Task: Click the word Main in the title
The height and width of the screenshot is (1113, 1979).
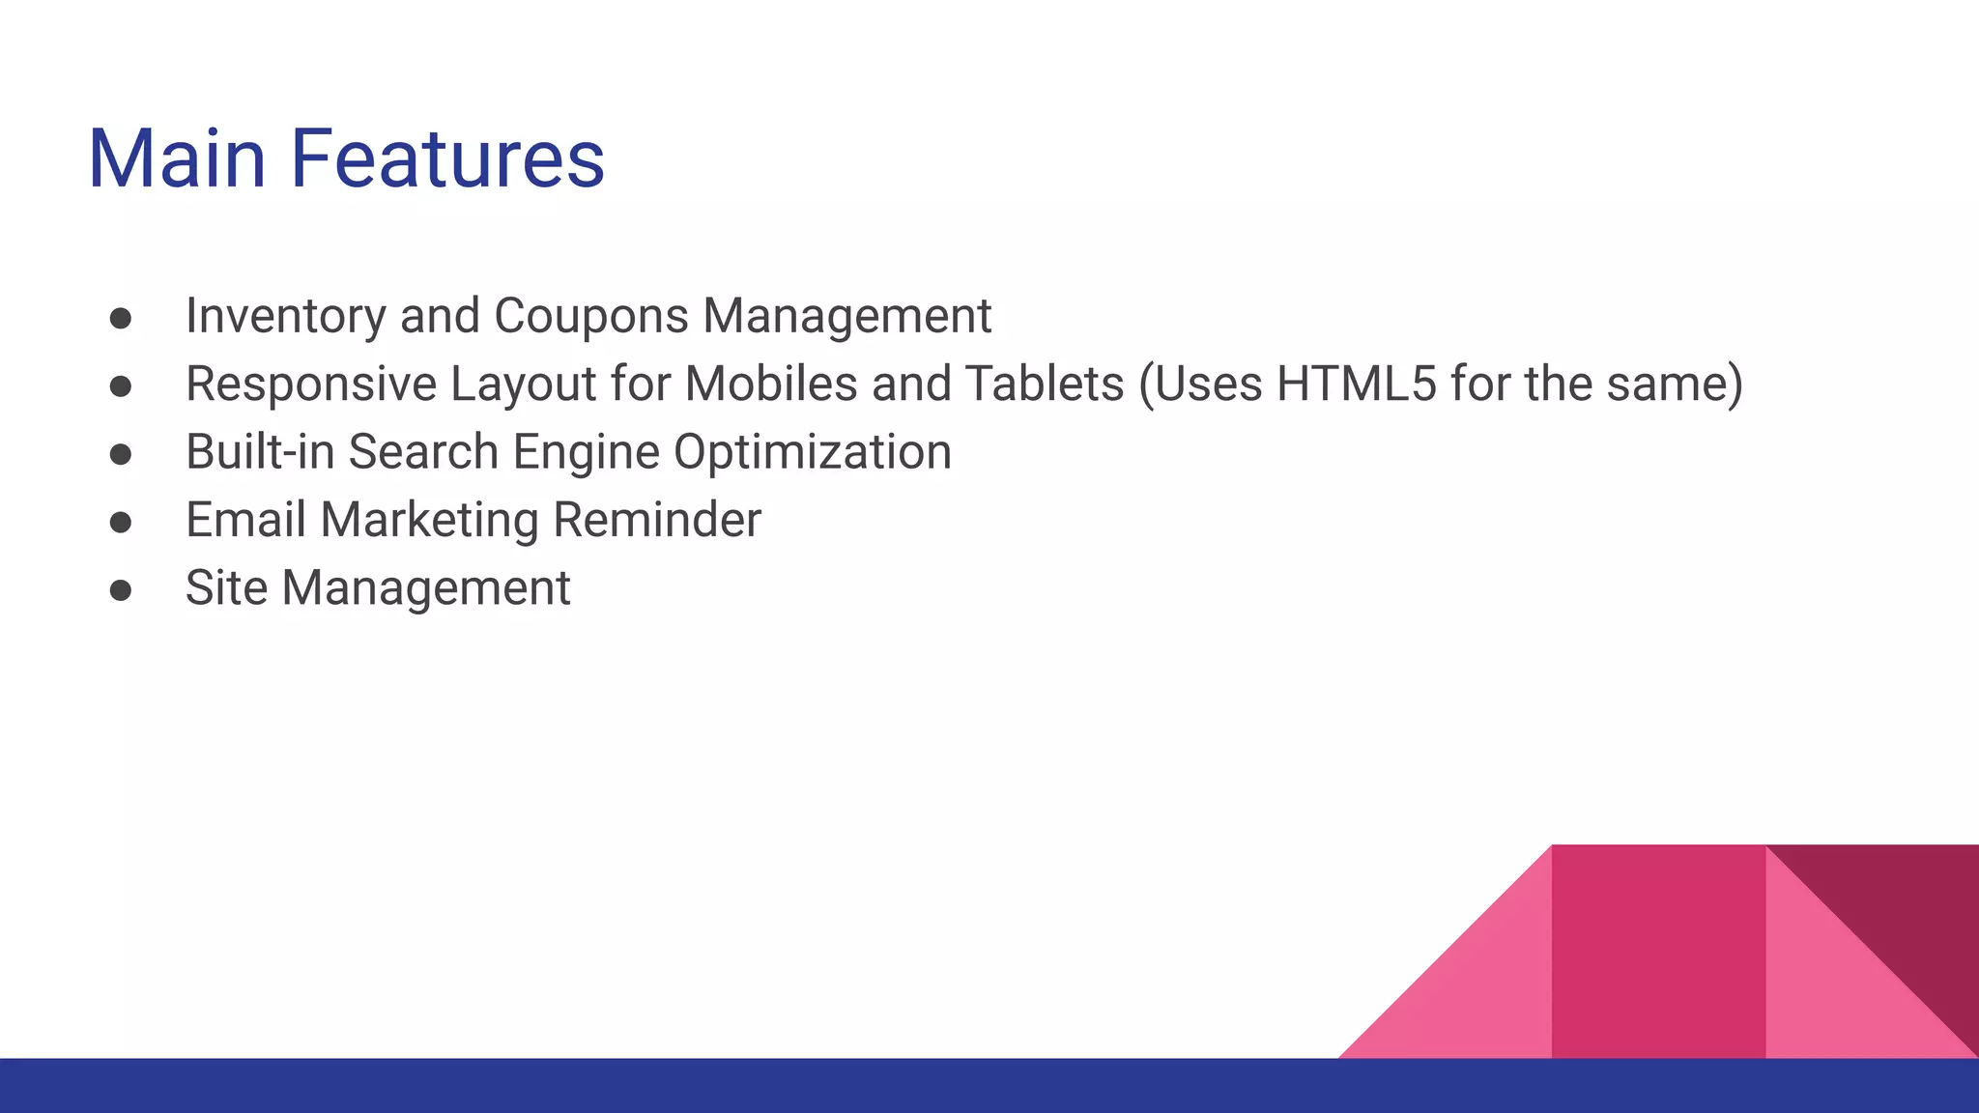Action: tap(177, 158)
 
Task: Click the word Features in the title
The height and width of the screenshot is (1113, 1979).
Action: tap(446, 158)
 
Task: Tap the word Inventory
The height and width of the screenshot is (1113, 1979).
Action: tap(285, 316)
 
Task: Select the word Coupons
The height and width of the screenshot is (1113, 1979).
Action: tap(590, 316)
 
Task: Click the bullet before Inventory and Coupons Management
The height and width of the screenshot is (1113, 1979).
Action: tap(121, 320)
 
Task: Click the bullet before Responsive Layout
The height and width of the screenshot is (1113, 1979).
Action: tap(121, 387)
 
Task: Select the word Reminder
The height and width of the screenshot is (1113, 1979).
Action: tap(657, 520)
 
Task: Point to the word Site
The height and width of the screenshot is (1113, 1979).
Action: tap(226, 587)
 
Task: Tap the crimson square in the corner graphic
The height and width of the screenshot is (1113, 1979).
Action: tap(1658, 951)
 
